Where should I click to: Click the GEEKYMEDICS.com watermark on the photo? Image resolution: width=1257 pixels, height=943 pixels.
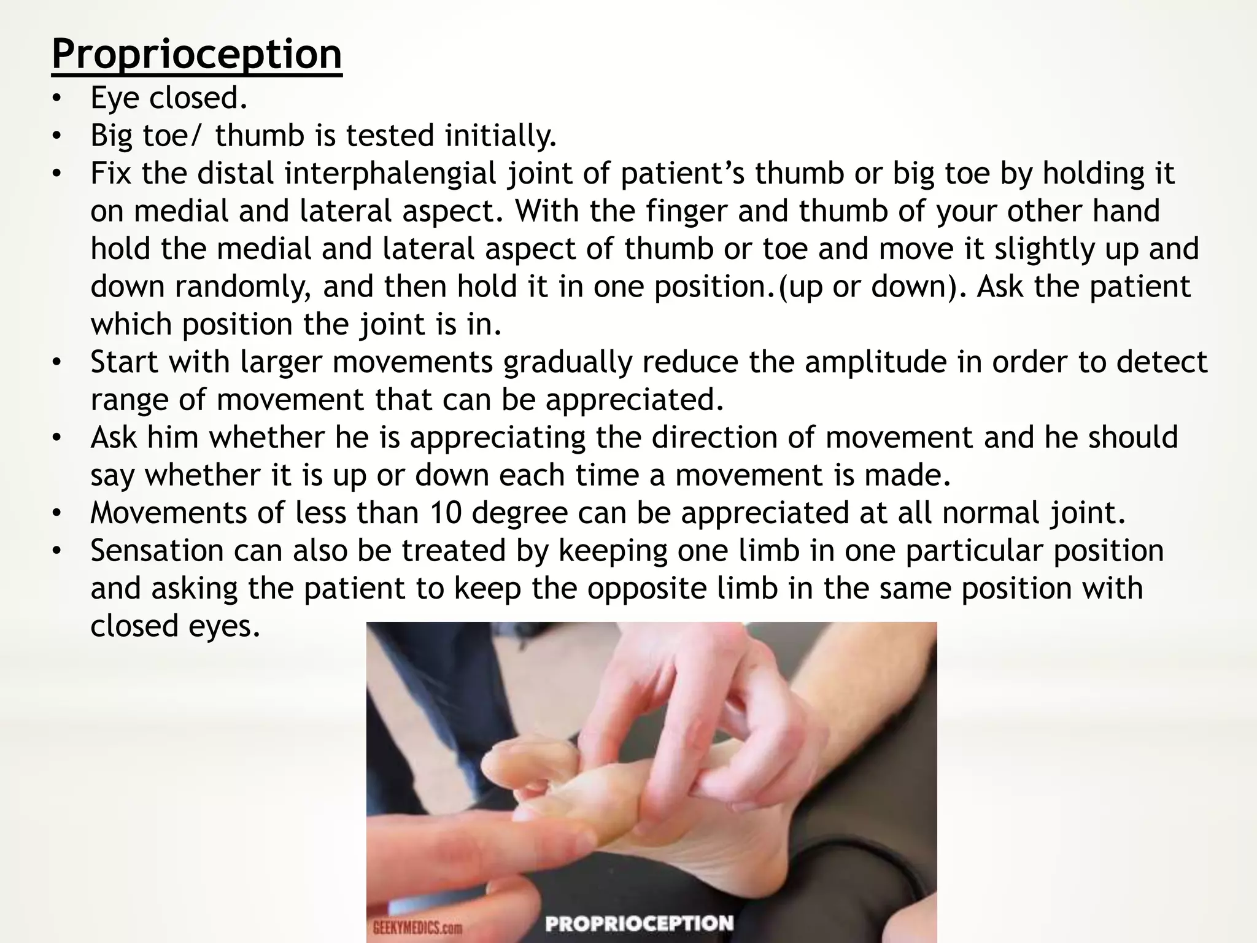[x=417, y=927]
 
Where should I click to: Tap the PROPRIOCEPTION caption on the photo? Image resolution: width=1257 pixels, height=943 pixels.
[x=639, y=923]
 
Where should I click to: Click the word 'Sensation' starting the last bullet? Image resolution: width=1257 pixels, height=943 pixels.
[x=157, y=551]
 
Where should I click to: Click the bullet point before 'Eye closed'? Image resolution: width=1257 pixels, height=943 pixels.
[x=57, y=98]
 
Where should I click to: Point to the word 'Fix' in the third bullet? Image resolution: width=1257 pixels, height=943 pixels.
[x=110, y=174]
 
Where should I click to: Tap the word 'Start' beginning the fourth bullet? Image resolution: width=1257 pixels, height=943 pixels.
[x=125, y=362]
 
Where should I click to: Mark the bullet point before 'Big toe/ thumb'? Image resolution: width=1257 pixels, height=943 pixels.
[x=57, y=136]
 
